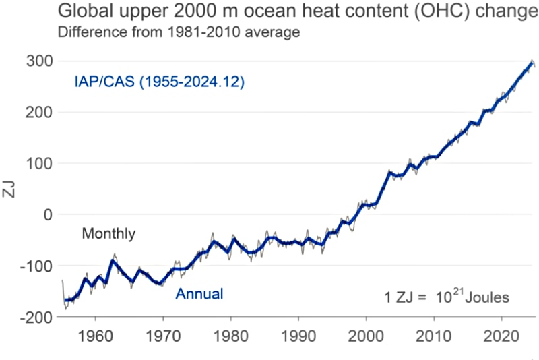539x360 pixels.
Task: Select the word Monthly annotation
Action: coord(108,234)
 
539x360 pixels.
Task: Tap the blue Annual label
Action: coord(199,294)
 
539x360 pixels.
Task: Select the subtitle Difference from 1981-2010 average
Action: coord(179,32)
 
